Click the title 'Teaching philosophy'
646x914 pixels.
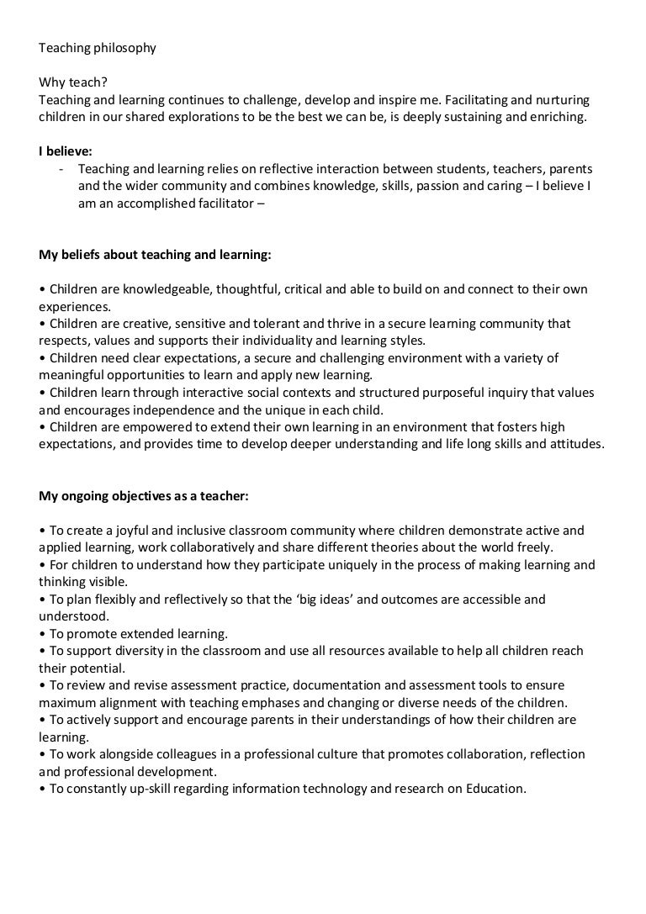pyautogui.click(x=98, y=48)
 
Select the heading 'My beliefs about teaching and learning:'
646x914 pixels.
pyautogui.click(x=155, y=253)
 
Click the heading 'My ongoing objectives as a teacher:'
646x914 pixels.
pyautogui.click(x=144, y=495)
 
